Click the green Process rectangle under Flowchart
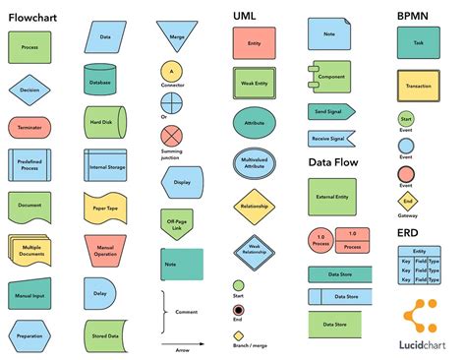(29, 46)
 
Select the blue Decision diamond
(29, 90)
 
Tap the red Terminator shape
(29, 128)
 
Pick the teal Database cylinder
(100, 81)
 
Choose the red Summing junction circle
(172, 134)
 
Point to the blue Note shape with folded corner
(328, 34)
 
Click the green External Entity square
(332, 196)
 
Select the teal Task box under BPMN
(419, 44)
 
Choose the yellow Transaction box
(419, 87)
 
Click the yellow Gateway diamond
(406, 202)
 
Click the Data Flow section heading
(332, 162)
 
